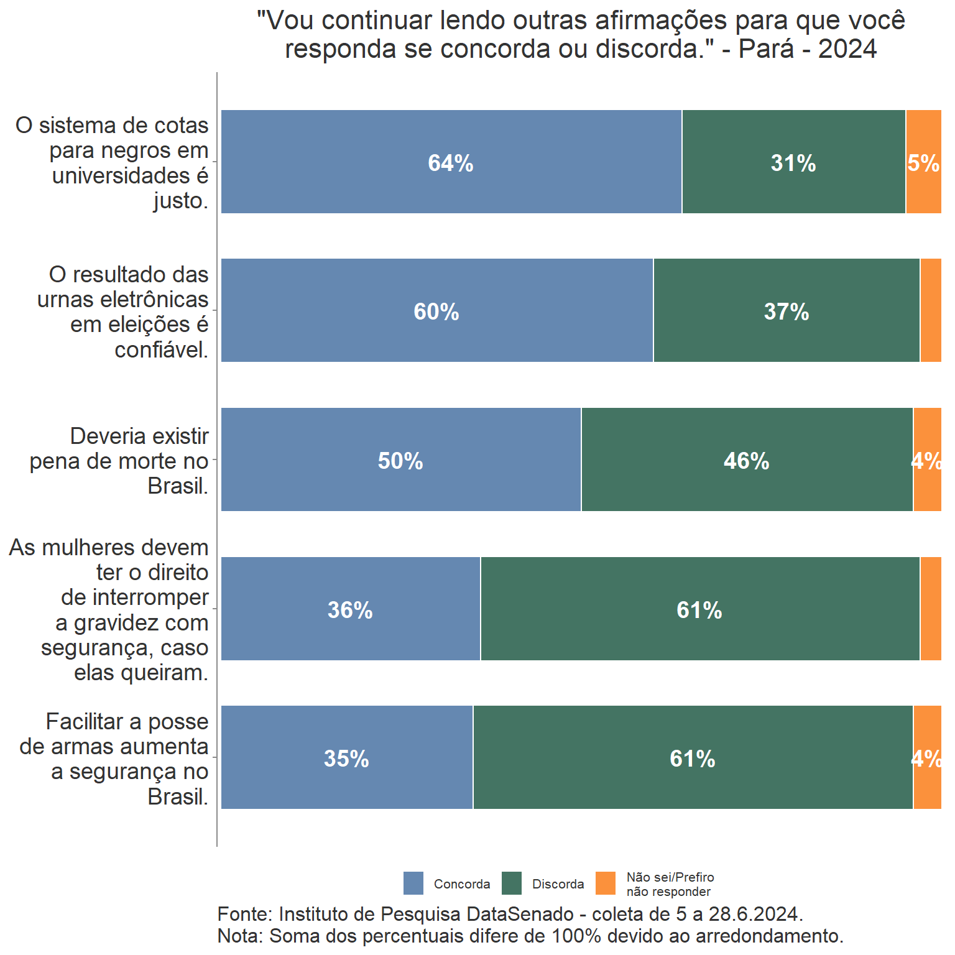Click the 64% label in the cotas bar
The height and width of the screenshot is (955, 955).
(451, 163)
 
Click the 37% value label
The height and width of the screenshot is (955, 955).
(787, 311)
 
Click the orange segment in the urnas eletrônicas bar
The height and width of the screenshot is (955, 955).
(931, 311)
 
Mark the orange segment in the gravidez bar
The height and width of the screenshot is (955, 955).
(931, 609)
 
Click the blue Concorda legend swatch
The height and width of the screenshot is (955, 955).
(413, 883)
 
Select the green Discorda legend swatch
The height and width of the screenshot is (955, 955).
(512, 883)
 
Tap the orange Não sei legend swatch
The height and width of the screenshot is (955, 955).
(606, 883)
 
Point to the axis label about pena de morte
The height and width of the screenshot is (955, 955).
(119, 461)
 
